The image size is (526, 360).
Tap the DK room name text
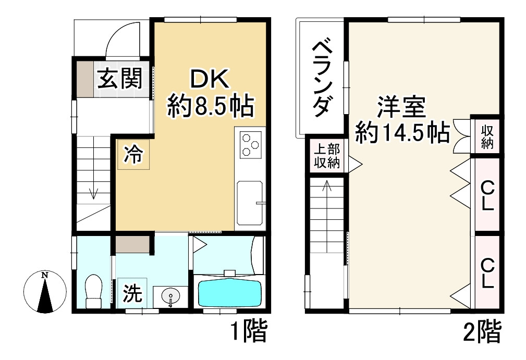point(210,81)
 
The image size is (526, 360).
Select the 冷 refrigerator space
point(133,155)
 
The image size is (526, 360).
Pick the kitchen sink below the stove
point(251,203)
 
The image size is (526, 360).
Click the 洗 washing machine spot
point(132,295)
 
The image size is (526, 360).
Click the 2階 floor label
point(482,332)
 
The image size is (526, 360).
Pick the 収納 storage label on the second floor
point(487,136)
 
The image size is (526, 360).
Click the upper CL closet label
point(487,195)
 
